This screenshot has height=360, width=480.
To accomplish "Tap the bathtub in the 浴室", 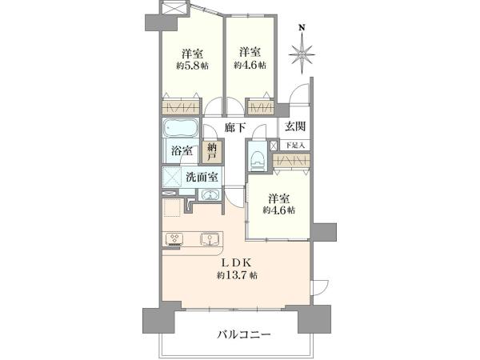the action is (x=181, y=128).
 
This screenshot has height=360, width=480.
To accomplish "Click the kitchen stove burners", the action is (x=175, y=239).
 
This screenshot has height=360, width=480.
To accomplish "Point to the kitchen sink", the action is (x=210, y=239).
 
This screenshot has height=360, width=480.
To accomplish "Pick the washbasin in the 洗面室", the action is (x=210, y=194).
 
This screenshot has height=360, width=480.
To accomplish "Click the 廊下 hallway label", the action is (x=235, y=128).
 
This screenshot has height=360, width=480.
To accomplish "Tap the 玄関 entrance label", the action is (x=295, y=126).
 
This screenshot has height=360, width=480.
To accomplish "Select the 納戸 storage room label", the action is (x=212, y=152).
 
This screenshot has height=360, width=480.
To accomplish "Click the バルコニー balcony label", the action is (x=244, y=334).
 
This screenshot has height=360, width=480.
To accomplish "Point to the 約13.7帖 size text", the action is (x=238, y=275).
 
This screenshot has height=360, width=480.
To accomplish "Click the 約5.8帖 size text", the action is (x=192, y=66).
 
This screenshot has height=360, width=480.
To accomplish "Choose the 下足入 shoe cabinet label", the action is (x=295, y=145).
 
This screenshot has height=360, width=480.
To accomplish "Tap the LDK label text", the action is (x=237, y=262).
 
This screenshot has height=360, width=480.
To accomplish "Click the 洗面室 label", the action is (x=202, y=177).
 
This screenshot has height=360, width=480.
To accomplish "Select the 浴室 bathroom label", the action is (x=182, y=150).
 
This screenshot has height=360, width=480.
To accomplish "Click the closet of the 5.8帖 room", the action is (x=181, y=107).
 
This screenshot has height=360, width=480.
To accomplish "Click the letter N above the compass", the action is (x=302, y=28).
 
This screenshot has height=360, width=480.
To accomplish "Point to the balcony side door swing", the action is (x=320, y=287).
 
